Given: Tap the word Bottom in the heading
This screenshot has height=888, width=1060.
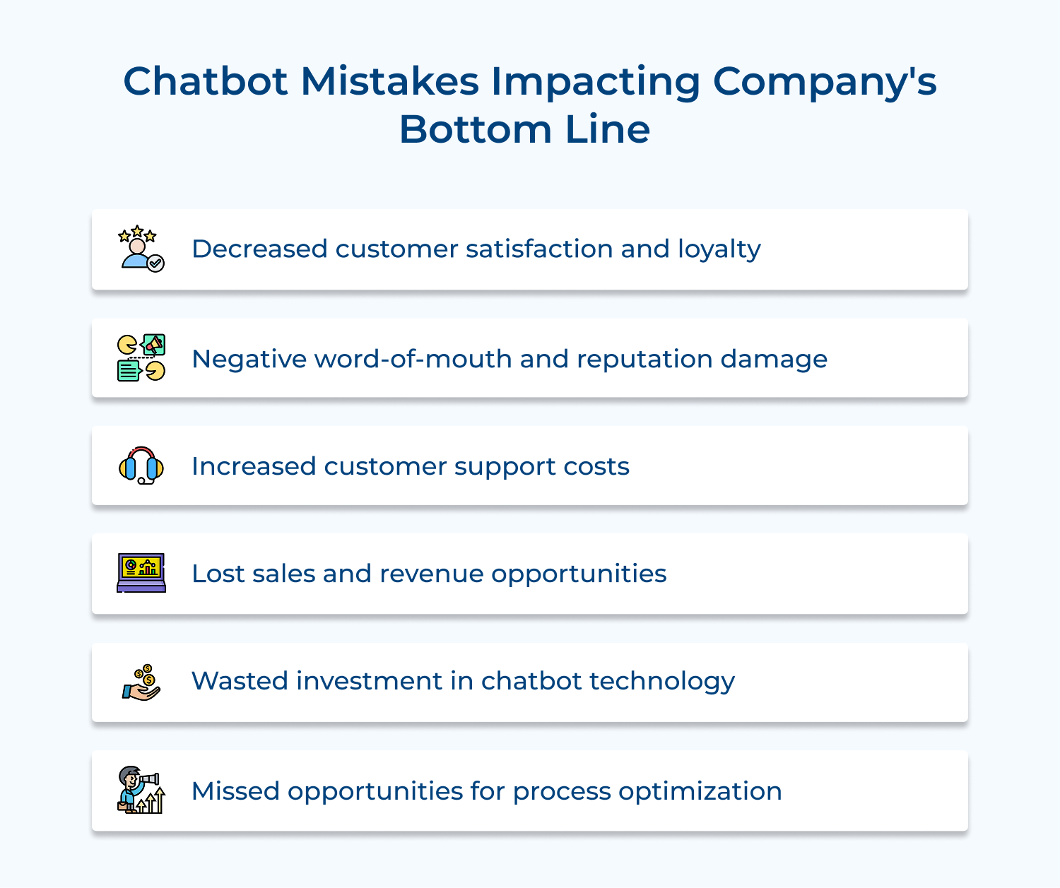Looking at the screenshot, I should tap(475, 129).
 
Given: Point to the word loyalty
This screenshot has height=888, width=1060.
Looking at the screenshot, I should tap(719, 249).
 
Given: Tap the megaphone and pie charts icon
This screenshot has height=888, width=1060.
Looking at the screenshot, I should tap(141, 358).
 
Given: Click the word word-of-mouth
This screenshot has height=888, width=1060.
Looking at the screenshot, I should tap(413, 359).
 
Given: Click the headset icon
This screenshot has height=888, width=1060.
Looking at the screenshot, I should tap(141, 466).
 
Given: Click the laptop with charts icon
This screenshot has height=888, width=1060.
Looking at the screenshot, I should tap(141, 573).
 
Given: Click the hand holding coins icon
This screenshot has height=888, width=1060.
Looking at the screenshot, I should tap(141, 682).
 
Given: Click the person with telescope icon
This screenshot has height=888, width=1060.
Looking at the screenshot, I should tap(141, 790).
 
